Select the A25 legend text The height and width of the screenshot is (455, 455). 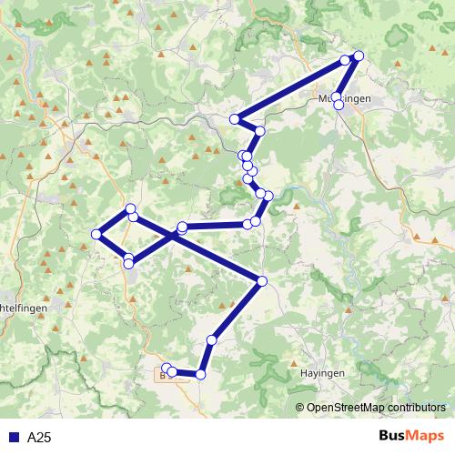pos(39,438)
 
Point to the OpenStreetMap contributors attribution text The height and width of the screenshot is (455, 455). pos(375,408)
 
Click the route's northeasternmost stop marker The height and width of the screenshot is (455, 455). pos(358,56)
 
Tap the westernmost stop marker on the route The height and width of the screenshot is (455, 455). pos(96,235)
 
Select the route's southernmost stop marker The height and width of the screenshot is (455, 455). pos(201,374)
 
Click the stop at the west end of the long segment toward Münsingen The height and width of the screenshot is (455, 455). pos(235,119)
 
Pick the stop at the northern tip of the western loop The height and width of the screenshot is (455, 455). pos(131,208)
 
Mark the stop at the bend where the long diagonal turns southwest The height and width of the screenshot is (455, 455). pos(262,281)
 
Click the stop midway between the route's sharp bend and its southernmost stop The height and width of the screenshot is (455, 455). pos(212,339)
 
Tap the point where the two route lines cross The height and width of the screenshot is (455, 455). pos(173,235)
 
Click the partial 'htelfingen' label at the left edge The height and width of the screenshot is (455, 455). pos(22,308)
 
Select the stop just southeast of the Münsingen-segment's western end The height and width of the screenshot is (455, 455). pos(260,132)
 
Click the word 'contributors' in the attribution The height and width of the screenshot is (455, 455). pos(411,408)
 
